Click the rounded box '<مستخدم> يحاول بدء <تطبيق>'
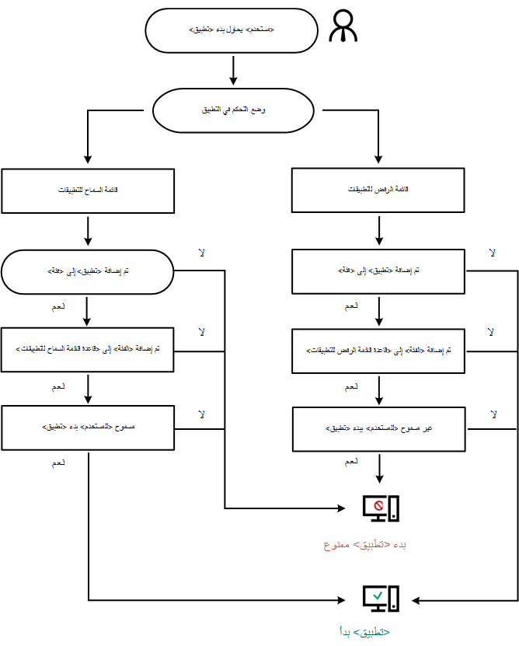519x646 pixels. click(232, 31)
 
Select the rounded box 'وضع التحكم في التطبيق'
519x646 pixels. click(234, 111)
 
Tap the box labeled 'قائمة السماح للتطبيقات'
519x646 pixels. click(87, 190)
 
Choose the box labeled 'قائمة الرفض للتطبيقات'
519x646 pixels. click(378, 190)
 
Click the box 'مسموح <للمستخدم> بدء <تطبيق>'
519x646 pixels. click(87, 428)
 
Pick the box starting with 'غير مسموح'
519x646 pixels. click(378, 428)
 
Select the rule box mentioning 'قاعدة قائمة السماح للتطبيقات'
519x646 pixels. click(87, 350)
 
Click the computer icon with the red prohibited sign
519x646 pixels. click(381, 508)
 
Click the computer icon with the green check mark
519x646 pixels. click(381, 598)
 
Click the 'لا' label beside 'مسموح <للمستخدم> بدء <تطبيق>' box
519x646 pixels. click(201, 414)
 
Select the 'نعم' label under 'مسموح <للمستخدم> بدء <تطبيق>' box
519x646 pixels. click(58, 463)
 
